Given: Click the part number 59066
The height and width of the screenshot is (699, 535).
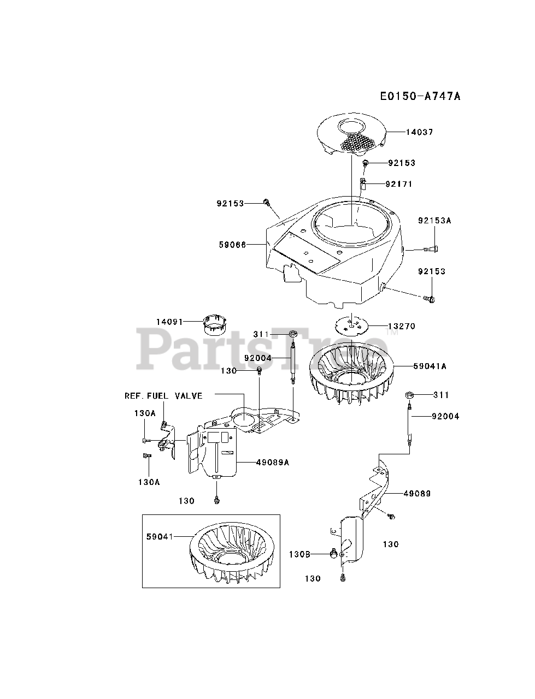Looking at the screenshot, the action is point(233,245).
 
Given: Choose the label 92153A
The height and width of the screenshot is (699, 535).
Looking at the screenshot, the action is point(436,221).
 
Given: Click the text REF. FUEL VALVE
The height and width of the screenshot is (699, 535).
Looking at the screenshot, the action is point(163,395).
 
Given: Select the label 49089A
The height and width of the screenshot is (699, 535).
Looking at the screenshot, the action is point(272,462).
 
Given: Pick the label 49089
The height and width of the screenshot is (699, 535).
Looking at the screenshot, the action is point(417,494).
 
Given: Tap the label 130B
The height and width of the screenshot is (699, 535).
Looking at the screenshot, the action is point(299,554).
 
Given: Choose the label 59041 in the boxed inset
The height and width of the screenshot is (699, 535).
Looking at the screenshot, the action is point(160,537).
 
